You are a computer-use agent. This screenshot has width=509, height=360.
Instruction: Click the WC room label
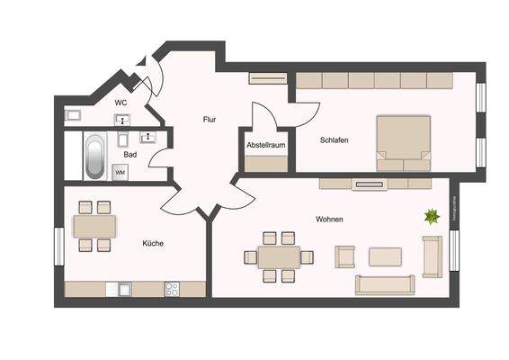pyautogui.click(x=121, y=103)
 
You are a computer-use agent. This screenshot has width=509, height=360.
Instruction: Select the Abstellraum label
pyautogui.click(x=264, y=146)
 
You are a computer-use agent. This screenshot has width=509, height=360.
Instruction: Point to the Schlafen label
pyautogui.click(x=334, y=139)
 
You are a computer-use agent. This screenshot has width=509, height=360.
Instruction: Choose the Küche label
pyautogui.click(x=152, y=242)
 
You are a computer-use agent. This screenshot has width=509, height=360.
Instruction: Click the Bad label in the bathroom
pyautogui.click(x=130, y=154)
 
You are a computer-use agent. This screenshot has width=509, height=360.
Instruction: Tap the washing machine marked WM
pyautogui.click(x=120, y=171)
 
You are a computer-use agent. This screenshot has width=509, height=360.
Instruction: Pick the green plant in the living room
pyautogui.click(x=433, y=216)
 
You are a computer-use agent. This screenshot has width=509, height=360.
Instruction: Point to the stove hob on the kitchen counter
pyautogui.click(x=170, y=288)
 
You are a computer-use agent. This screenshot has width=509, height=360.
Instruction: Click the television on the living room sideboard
pyautogui.click(x=370, y=185)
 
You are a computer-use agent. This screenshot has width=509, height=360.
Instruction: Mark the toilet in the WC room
pyautogui.click(x=74, y=115)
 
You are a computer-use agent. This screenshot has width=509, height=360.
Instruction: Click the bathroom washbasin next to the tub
pyautogui.click(x=122, y=139)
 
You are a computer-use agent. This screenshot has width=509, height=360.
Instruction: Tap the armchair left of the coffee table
pyautogui.click(x=345, y=257)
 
